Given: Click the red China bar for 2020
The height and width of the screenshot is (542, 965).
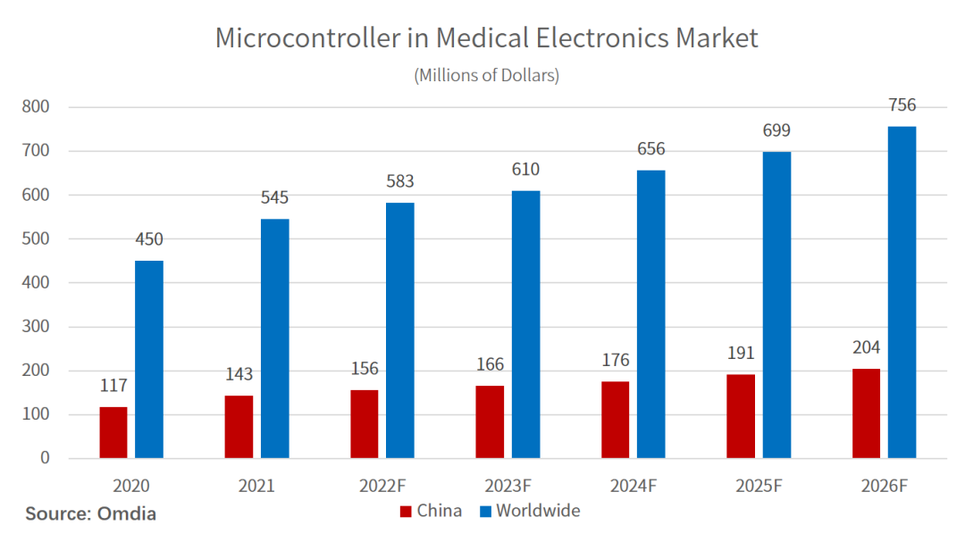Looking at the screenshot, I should pyautogui.click(x=113, y=433).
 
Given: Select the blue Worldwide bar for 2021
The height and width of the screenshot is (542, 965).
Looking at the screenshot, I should pyautogui.click(x=274, y=339).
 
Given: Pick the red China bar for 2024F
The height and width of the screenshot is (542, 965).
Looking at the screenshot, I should pyautogui.click(x=615, y=420).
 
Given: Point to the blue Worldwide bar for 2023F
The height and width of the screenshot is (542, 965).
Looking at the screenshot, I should pyautogui.click(x=525, y=325).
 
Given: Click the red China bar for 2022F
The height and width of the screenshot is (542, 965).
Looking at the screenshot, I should pyautogui.click(x=364, y=424).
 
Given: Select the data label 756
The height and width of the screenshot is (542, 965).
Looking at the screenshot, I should pyautogui.click(x=902, y=105).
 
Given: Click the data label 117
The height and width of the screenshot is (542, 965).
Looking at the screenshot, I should pyautogui.click(x=113, y=386).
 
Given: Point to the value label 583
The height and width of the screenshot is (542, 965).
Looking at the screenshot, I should pyautogui.click(x=399, y=181).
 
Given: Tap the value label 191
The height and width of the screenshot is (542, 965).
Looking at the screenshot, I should pyautogui.click(x=741, y=353).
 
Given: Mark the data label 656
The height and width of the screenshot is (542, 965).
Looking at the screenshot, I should pyautogui.click(x=650, y=149).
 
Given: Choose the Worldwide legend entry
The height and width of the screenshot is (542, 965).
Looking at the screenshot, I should pyautogui.click(x=529, y=511).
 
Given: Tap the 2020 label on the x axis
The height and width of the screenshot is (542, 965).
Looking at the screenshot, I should pyautogui.click(x=130, y=487).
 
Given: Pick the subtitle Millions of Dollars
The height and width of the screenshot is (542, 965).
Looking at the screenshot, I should pyautogui.click(x=486, y=75).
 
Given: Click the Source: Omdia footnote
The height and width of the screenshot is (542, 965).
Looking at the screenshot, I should pyautogui.click(x=90, y=513).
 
